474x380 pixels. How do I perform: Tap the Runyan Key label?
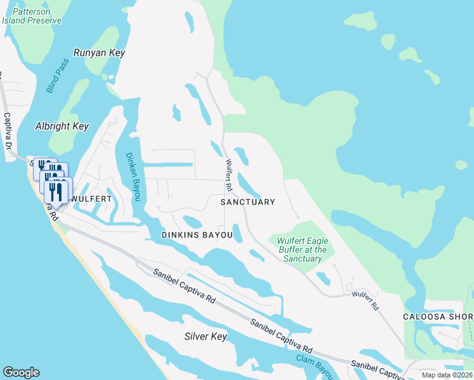[x=100, y=53]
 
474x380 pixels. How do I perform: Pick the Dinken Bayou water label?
[x=132, y=177]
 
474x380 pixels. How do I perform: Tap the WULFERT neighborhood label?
[x=91, y=199]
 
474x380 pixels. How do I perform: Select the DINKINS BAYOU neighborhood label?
[x=196, y=235]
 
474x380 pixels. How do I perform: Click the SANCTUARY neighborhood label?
[x=248, y=202]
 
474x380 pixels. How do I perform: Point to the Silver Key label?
[x=205, y=336]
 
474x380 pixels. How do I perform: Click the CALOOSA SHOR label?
[x=438, y=317]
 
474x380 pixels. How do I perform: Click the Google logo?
[x=21, y=372]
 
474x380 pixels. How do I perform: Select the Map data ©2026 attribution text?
[x=447, y=375]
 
